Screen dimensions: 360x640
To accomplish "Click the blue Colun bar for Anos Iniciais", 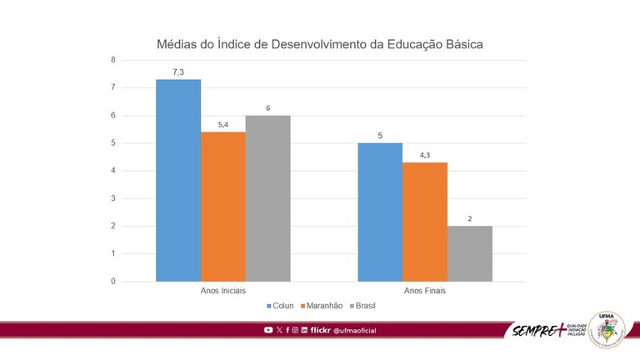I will [x=178, y=180].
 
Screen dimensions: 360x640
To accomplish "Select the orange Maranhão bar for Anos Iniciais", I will [x=223, y=206].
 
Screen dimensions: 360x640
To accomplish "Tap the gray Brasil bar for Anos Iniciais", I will [x=268, y=197].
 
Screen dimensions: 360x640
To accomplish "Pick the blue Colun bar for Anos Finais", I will [x=380, y=212].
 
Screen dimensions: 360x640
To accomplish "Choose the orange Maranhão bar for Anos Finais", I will [x=425, y=222].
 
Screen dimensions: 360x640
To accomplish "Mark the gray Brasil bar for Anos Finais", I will [x=470, y=253].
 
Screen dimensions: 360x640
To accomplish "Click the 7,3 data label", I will [x=178, y=72].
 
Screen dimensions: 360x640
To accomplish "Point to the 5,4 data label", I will [x=223, y=125].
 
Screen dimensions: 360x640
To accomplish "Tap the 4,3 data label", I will [x=425, y=155].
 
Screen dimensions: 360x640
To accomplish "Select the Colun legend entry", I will [x=285, y=306].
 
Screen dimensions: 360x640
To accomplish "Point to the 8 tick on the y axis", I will [x=112, y=60].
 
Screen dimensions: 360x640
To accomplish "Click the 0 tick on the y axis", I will [x=112, y=281].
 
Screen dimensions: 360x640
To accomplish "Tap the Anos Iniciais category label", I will [x=223, y=291].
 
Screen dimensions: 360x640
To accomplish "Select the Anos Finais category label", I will [x=425, y=291].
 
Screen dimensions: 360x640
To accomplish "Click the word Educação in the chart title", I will [x=414, y=43].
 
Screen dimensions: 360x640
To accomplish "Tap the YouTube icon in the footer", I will [x=268, y=331].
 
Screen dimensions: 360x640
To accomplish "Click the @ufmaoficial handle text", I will [x=354, y=331].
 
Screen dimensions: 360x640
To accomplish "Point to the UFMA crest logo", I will [x=606, y=329].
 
